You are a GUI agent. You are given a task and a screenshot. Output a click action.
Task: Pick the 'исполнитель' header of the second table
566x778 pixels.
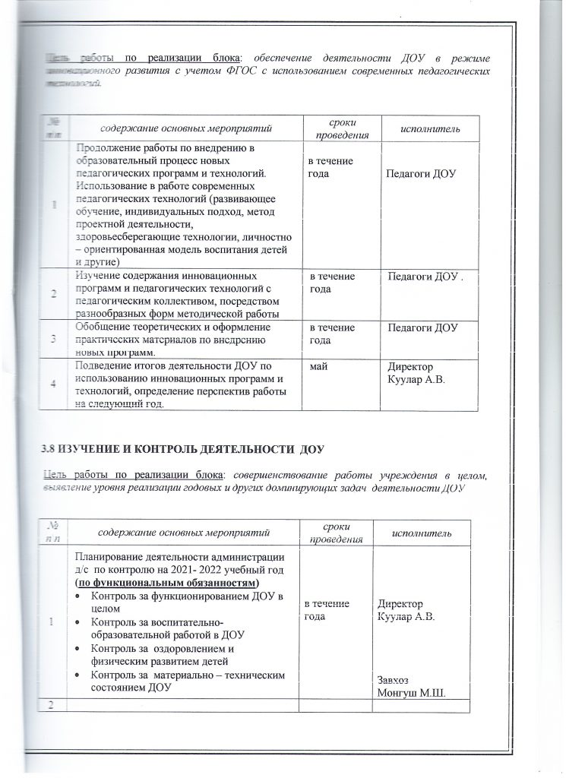(423, 533)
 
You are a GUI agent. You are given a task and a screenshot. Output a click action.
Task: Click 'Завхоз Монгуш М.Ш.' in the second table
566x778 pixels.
(409, 687)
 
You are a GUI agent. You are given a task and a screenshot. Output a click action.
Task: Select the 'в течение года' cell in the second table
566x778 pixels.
(327, 609)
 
